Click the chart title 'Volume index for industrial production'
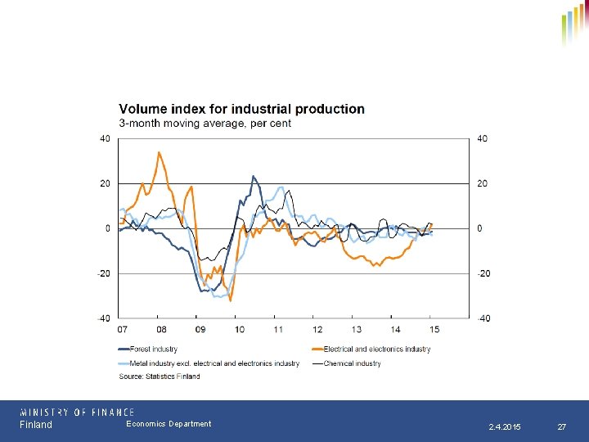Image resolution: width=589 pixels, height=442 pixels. click(x=242, y=109)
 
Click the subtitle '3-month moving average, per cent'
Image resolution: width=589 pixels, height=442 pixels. click(x=205, y=124)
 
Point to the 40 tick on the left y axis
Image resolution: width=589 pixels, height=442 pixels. click(x=105, y=138)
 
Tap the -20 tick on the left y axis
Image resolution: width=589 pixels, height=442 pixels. click(x=104, y=273)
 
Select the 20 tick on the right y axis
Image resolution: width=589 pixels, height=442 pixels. click(x=482, y=183)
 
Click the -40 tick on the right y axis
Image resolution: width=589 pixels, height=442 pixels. click(x=483, y=318)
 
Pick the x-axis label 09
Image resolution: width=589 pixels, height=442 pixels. click(x=200, y=329)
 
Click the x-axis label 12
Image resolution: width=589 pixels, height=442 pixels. click(x=317, y=329)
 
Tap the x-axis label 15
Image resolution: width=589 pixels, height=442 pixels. click(x=434, y=329)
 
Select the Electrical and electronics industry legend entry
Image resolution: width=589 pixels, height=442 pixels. click(x=377, y=350)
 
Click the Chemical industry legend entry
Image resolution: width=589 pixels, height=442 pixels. click(x=353, y=363)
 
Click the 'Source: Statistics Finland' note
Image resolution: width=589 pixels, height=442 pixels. click(x=160, y=377)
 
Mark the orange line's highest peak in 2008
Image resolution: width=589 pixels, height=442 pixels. click(x=159, y=152)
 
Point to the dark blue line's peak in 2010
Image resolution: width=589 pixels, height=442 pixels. click(x=254, y=176)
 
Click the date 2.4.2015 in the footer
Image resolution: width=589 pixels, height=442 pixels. click(x=505, y=427)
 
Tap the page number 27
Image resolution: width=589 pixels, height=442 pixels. click(x=561, y=427)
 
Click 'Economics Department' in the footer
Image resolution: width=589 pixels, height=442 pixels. click(x=169, y=424)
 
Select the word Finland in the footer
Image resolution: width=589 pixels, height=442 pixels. click(x=36, y=425)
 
